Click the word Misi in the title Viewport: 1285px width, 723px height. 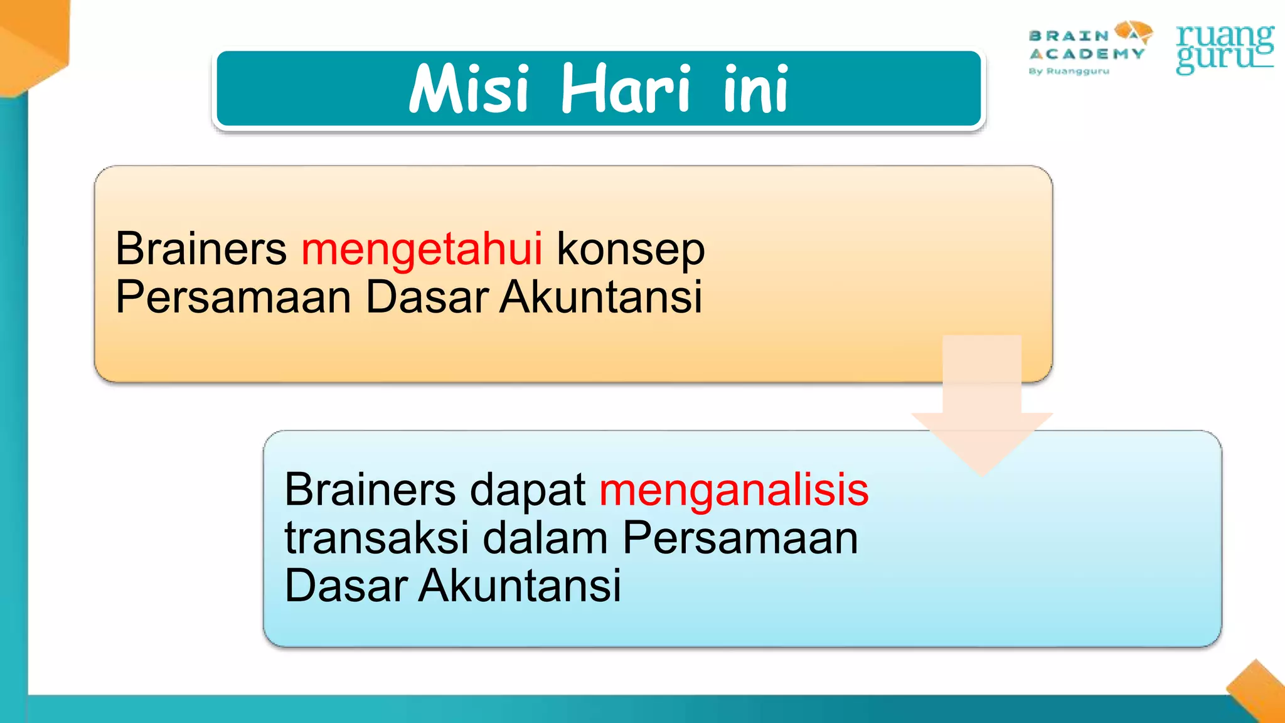(x=469, y=89)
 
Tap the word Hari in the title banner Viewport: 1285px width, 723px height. (x=625, y=89)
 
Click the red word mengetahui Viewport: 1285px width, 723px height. (x=422, y=249)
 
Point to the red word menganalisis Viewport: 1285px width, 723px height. (x=733, y=490)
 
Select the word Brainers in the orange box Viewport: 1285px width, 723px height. (x=201, y=249)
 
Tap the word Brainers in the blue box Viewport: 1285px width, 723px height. (x=370, y=490)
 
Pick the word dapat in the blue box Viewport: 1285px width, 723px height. (x=528, y=491)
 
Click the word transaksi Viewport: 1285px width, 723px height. (x=376, y=538)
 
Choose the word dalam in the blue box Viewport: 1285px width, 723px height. (x=545, y=538)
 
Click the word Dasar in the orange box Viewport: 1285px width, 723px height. (x=427, y=297)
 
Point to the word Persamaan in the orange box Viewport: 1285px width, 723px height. (x=233, y=297)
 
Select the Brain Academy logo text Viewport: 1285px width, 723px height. (x=1085, y=45)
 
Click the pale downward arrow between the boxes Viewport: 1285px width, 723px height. (x=982, y=408)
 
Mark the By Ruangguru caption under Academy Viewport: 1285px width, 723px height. (x=1069, y=72)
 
